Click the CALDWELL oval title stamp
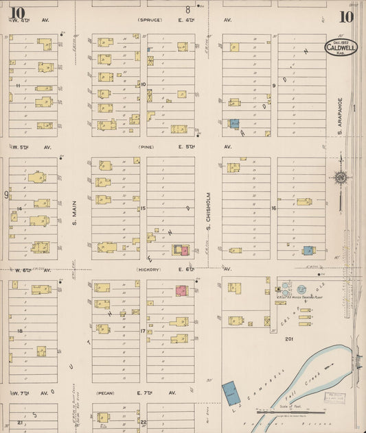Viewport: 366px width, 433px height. pyautogui.click(x=341, y=49)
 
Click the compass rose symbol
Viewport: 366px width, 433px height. pyautogui.click(x=340, y=178)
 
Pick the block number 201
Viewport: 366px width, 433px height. pyautogui.click(x=289, y=338)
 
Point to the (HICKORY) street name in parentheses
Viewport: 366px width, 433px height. pyautogui.click(x=148, y=270)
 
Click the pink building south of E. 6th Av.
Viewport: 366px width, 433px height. pyautogui.click(x=182, y=290)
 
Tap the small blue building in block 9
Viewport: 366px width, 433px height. pyautogui.click(x=234, y=124)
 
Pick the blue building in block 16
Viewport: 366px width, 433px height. pyautogui.click(x=309, y=251)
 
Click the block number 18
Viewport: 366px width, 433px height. pyautogui.click(x=19, y=331)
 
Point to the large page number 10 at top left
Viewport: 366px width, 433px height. pyautogui.click(x=16, y=12)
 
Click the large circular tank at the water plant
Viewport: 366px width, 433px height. pyautogui.click(x=300, y=290)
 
